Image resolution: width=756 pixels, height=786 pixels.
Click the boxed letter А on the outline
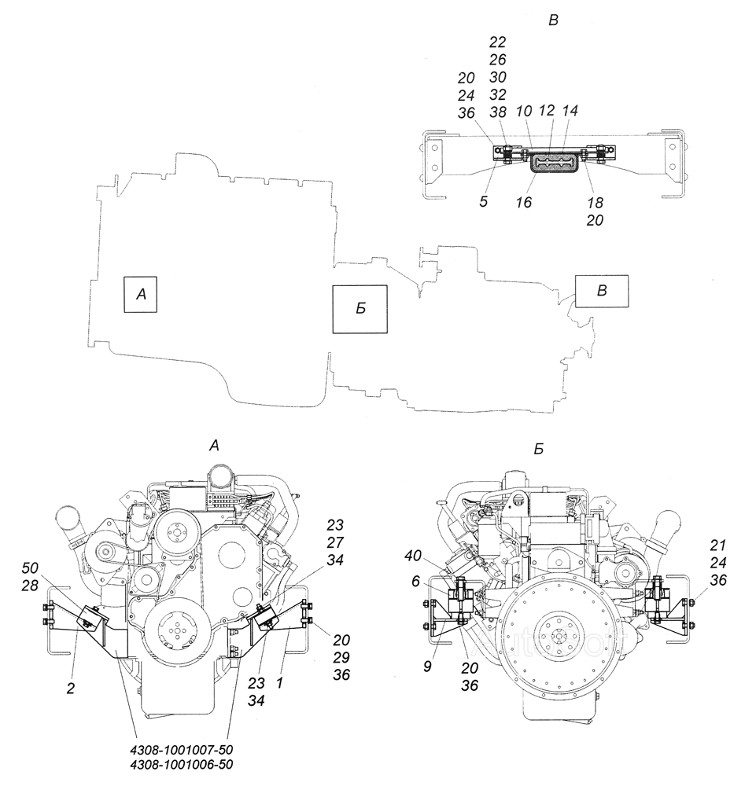coord(141,294)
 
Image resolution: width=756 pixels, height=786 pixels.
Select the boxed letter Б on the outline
coord(360,309)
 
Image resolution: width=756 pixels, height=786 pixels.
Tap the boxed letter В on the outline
coord(602,291)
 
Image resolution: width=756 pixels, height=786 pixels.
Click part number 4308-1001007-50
coord(181,751)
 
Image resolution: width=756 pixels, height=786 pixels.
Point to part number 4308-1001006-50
coord(181,765)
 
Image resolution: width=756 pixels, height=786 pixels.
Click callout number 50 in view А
coord(30,568)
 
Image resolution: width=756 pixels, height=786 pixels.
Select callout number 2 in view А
coord(70,689)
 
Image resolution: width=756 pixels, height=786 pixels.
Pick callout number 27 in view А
coord(335,542)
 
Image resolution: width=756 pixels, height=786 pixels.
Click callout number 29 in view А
coord(341,657)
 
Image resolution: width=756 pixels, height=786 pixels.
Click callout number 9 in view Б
coord(427,667)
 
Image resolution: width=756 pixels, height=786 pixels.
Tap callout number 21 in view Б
coord(718,545)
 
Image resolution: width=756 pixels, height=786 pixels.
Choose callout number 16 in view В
coord(523,202)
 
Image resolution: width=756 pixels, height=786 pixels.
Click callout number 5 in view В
coord(483,201)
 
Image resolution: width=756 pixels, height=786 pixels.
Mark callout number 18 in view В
coord(595,203)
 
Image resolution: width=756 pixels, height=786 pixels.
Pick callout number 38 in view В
coord(498,112)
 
